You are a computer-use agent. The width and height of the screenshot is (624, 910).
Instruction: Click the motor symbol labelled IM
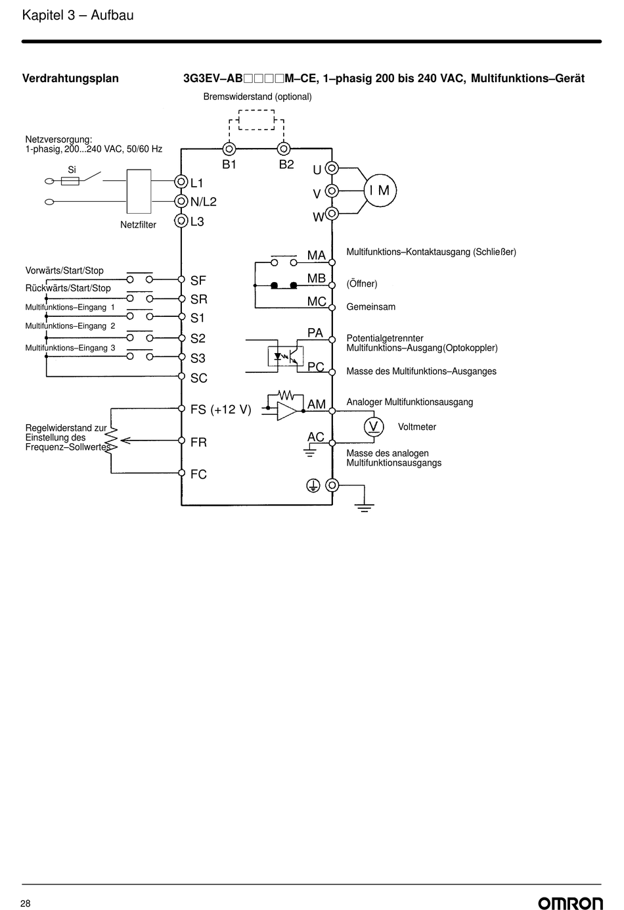click(x=380, y=191)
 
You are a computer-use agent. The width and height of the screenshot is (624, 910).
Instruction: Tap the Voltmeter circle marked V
click(x=374, y=427)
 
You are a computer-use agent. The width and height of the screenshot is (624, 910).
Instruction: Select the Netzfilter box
click(x=139, y=191)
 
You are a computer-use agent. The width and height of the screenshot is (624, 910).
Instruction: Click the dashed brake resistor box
click(x=256, y=120)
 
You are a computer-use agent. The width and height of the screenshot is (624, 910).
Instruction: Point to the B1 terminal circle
click(x=229, y=149)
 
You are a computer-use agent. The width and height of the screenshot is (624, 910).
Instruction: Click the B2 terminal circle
click(x=284, y=149)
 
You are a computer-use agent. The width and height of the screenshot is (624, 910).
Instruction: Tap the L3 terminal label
click(x=197, y=222)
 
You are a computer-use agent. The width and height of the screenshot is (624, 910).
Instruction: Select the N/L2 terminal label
click(x=203, y=201)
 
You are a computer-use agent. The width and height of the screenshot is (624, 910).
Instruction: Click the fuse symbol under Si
click(x=70, y=181)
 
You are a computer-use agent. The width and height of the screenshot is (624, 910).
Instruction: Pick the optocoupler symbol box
click(x=286, y=356)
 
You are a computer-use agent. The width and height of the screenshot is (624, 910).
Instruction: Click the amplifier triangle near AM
click(x=287, y=411)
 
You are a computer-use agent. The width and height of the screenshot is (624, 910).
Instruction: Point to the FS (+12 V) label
click(x=221, y=409)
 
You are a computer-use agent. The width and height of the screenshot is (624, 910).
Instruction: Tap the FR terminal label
click(x=198, y=442)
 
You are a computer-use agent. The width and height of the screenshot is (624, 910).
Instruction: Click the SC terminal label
click(x=199, y=378)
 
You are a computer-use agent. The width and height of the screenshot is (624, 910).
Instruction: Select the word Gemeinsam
click(x=371, y=306)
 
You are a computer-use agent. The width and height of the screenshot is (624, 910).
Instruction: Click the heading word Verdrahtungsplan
click(x=70, y=78)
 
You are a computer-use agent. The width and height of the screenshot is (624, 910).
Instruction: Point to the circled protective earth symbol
click(x=313, y=485)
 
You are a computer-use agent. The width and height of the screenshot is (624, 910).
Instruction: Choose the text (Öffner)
click(x=362, y=283)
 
